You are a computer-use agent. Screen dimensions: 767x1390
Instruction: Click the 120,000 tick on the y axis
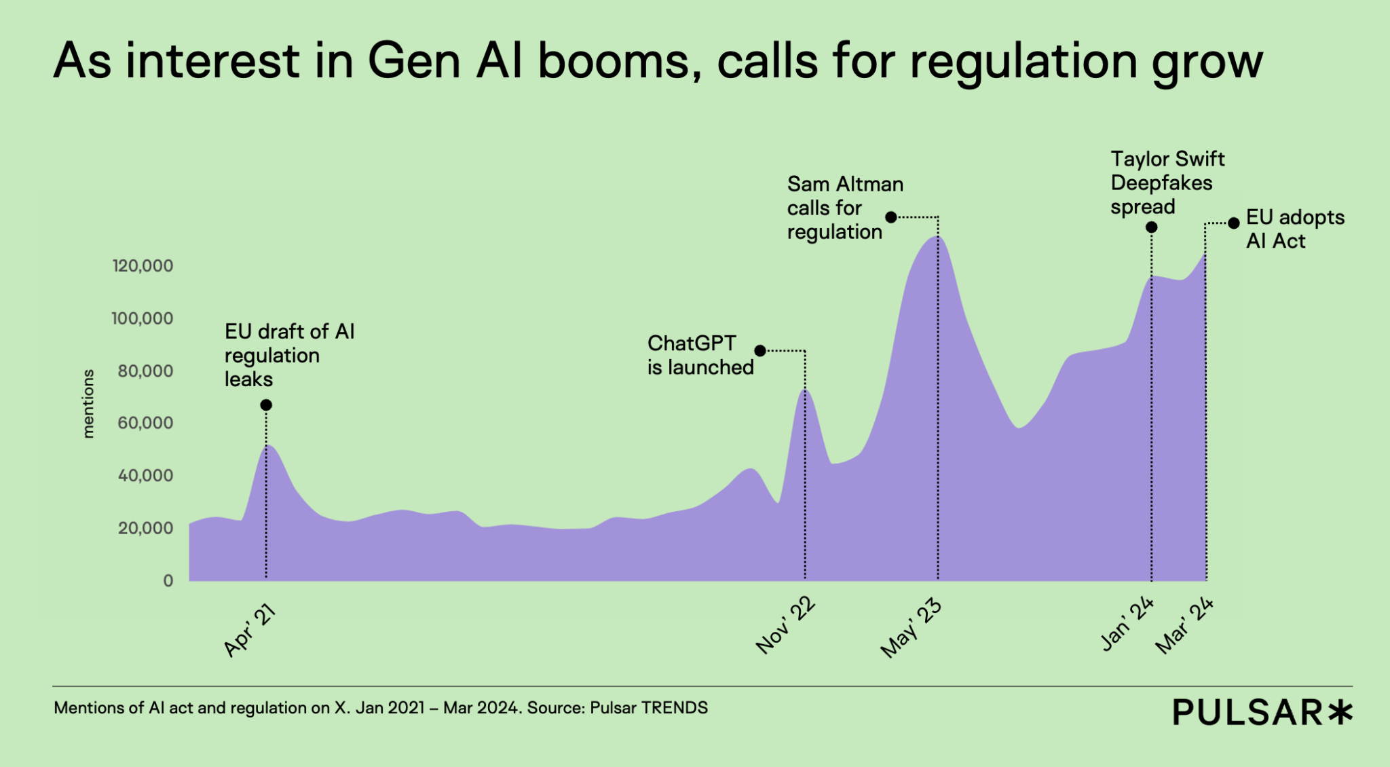pyautogui.click(x=143, y=266)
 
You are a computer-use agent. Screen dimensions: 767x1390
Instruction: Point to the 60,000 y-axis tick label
pyautogui.click(x=145, y=423)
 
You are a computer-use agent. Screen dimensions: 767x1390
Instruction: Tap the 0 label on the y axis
pyautogui.click(x=168, y=581)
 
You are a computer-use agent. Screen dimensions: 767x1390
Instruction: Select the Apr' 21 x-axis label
pyautogui.click(x=250, y=631)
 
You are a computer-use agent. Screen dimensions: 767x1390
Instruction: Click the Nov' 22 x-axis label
pyautogui.click(x=785, y=626)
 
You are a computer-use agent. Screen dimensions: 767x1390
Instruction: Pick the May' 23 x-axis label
pyautogui.click(x=911, y=629)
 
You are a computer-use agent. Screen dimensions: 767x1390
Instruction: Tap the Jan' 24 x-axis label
pyautogui.click(x=1127, y=624)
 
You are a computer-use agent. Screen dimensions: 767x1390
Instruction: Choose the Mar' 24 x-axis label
pyautogui.click(x=1184, y=625)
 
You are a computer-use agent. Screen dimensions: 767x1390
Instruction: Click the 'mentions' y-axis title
pyautogui.click(x=88, y=404)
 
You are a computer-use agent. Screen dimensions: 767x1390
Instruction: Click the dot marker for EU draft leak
pyautogui.click(x=266, y=405)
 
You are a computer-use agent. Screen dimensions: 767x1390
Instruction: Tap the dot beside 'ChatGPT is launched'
pyautogui.click(x=760, y=351)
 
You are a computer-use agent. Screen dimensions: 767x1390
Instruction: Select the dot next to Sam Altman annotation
pyautogui.click(x=891, y=217)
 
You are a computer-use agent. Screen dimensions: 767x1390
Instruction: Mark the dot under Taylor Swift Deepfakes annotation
pyautogui.click(x=1151, y=227)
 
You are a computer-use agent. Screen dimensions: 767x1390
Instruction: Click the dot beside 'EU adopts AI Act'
pyautogui.click(x=1234, y=223)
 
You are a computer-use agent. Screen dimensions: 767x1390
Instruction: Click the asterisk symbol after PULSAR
pyautogui.click(x=1340, y=712)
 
